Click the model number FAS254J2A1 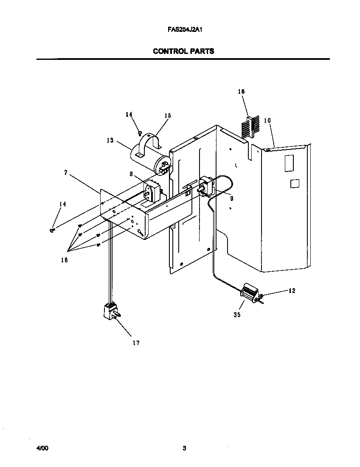coord(183,30)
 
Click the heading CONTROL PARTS coord(183,51)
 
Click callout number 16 coord(241,91)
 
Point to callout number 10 coord(267,121)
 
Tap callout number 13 coord(110,141)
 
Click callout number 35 coord(237,315)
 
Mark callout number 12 coord(292,291)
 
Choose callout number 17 coord(136,343)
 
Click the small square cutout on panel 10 coord(293,183)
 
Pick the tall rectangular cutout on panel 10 coord(289,163)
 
